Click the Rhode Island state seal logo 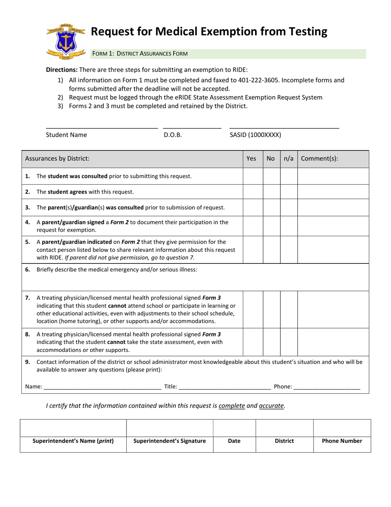click(x=66, y=42)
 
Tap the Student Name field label click(x=66, y=135)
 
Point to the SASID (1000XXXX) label click(x=255, y=135)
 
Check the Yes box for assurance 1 click(x=253, y=176)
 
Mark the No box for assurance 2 click(x=272, y=191)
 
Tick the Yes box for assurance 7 click(x=253, y=309)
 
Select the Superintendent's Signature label click(x=170, y=441)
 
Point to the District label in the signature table click(x=284, y=441)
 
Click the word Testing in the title click(x=301, y=32)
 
